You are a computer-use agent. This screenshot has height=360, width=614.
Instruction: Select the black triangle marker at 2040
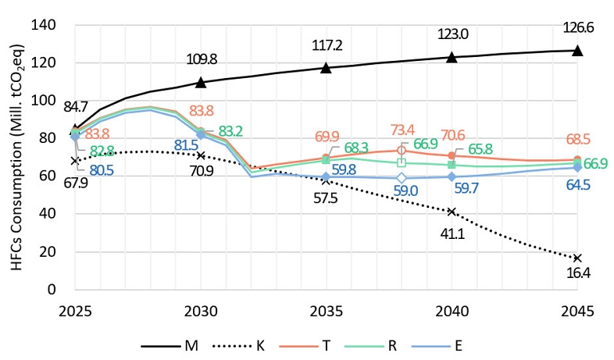(452, 57)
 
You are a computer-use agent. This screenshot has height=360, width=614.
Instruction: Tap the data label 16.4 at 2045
(577, 274)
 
